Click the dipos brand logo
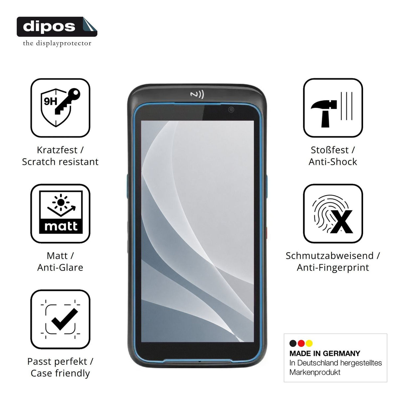click(57, 27)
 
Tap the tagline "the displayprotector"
click(57, 43)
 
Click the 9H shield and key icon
click(60, 107)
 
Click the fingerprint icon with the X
click(332, 214)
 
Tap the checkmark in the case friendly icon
click(65, 319)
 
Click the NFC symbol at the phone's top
click(197, 94)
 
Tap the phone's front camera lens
click(231, 109)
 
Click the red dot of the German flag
click(301, 343)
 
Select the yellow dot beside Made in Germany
click(309, 343)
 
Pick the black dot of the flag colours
click(293, 343)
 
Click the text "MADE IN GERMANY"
click(325, 353)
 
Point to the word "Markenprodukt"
click(315, 372)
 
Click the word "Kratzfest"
click(57, 150)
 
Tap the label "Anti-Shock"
click(333, 162)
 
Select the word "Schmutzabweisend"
click(330, 256)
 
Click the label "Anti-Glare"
click(60, 268)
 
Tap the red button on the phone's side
click(266, 232)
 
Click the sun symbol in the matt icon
click(61, 202)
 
